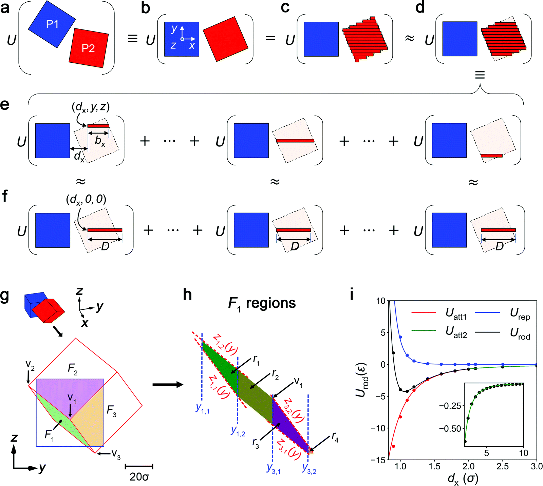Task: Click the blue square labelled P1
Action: click(x=52, y=24)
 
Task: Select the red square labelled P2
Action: click(x=89, y=48)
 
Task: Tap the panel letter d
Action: click(x=420, y=7)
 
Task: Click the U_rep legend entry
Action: click(x=520, y=314)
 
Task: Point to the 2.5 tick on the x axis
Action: click(x=503, y=466)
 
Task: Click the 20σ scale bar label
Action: click(x=139, y=477)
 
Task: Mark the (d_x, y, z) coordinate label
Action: click(x=91, y=107)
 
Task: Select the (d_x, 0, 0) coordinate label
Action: click(x=86, y=199)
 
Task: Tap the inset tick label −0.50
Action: click(x=450, y=429)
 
